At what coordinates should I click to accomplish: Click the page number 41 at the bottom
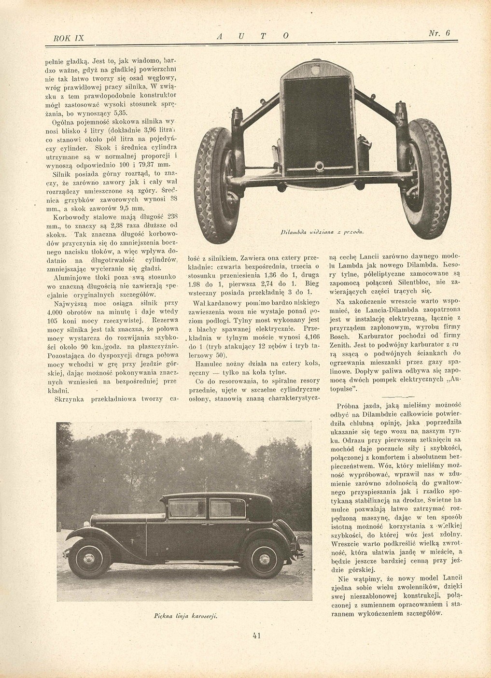(256, 636)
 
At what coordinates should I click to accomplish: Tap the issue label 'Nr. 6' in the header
(439, 33)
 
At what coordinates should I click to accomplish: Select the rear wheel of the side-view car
(264, 558)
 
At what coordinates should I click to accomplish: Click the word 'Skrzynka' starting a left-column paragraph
(71, 398)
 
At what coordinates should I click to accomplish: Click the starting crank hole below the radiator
(319, 167)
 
